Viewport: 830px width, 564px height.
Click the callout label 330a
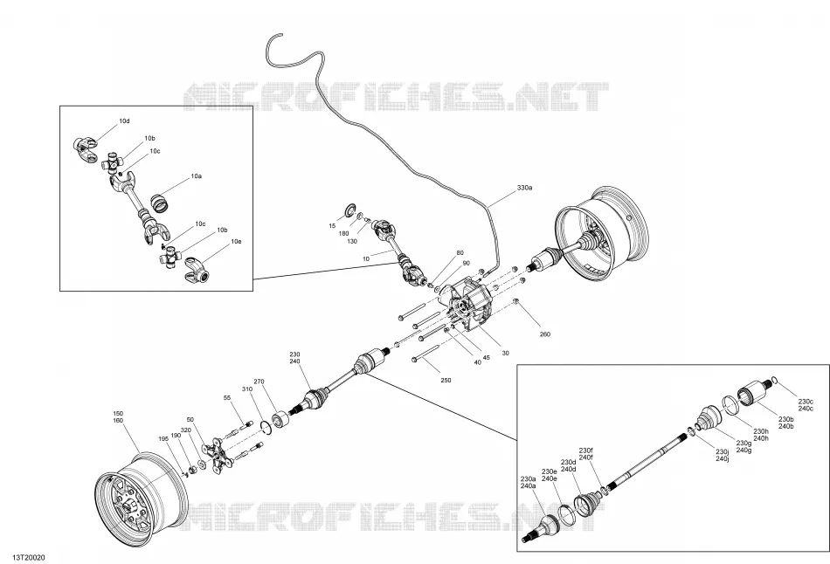524,188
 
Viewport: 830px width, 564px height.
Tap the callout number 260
544,334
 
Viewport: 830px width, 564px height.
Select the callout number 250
446,381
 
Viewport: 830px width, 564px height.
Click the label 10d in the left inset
124,121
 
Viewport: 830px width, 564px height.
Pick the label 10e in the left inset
236,242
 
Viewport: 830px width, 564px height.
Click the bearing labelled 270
280,419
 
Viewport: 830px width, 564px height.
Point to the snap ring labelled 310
266,428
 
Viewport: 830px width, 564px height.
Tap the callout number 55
227,397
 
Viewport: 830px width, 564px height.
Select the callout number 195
163,438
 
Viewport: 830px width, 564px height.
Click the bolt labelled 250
425,354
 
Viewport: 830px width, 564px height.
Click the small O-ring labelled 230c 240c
774,380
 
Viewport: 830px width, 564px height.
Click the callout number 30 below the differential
506,353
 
